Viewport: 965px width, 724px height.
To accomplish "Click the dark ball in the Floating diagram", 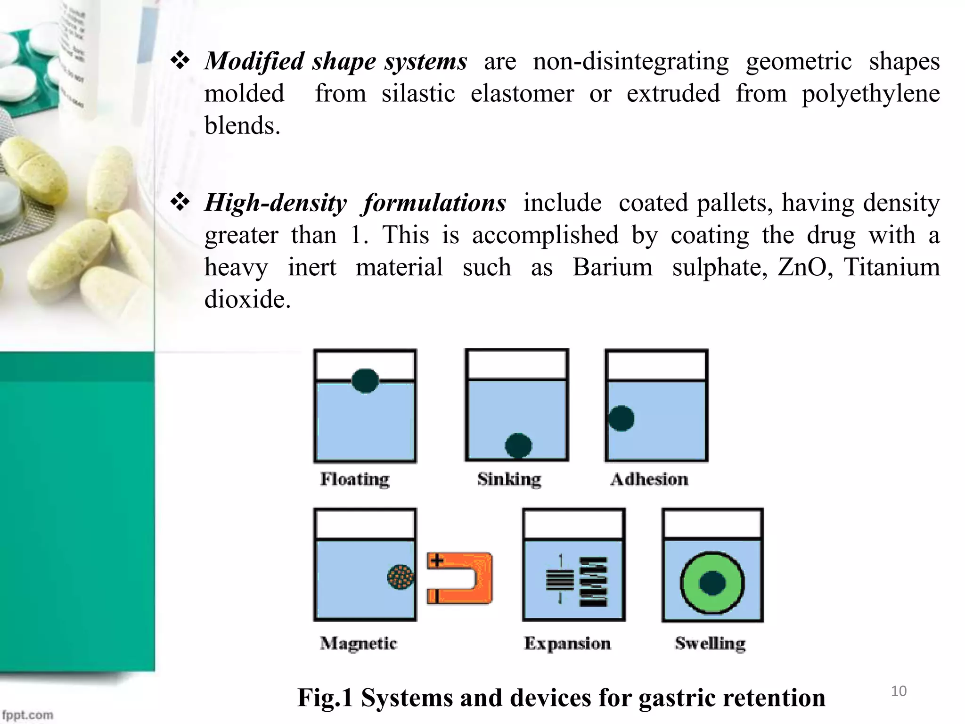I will pos(365,380).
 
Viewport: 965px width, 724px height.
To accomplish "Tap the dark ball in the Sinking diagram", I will pos(518,445).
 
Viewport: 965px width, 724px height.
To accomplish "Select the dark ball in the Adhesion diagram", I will pos(621,418).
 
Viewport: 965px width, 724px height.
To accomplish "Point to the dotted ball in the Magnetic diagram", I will pos(401,576).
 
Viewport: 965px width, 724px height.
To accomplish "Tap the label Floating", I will pos(355,479).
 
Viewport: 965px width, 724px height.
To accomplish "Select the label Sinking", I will pos(509,479).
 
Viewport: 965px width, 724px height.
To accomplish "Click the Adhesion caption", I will pos(649,479).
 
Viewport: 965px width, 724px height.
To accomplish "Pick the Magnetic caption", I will pos(359,643).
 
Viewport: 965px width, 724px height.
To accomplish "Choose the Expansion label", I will pos(567,643).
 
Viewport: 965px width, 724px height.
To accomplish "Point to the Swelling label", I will pos(710,643).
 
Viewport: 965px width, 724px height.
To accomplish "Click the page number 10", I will pos(899,691).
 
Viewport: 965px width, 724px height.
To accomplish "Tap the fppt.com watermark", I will pos(28,715).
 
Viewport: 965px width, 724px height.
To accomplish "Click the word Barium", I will pos(613,267).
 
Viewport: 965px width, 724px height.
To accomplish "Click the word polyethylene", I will pos(871,93).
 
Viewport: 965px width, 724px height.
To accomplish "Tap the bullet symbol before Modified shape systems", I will pos(180,61).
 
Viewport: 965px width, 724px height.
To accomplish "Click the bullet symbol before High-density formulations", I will pos(180,203).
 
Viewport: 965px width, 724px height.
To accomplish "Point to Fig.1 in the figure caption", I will pos(325,698).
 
